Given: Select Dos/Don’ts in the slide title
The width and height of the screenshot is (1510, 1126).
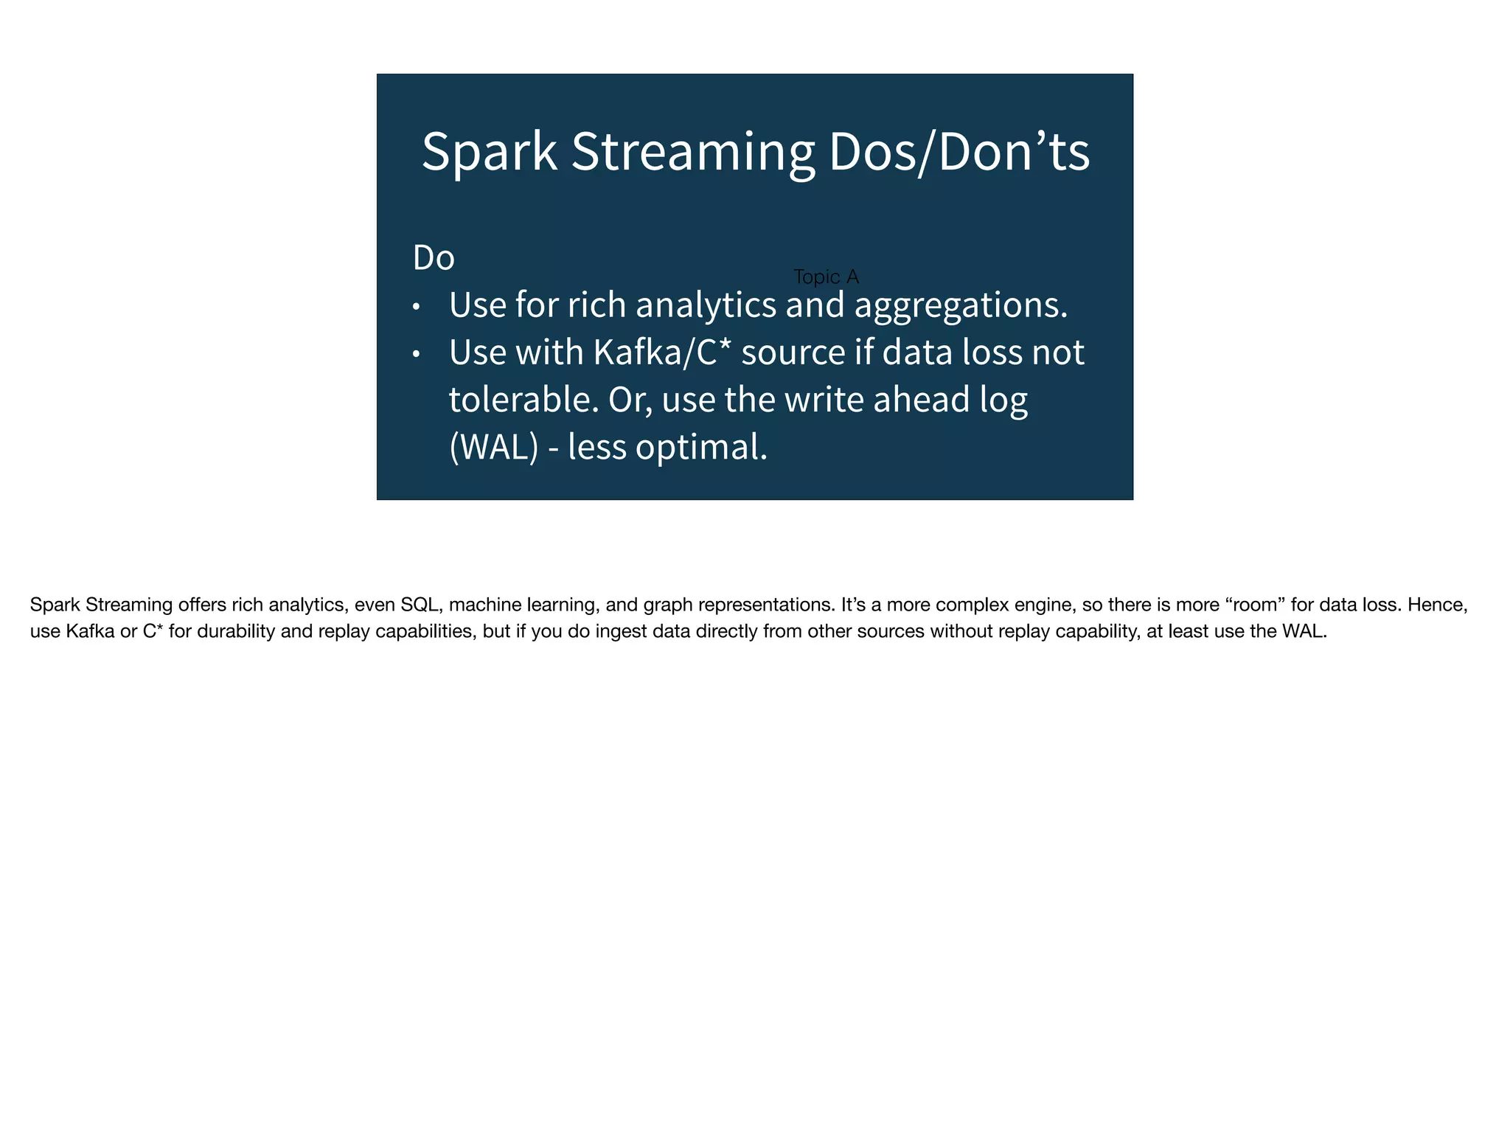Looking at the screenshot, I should (x=958, y=152).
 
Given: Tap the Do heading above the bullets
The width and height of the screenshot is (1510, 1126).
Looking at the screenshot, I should (x=434, y=258).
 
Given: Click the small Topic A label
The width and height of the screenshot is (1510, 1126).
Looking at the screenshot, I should (x=826, y=277).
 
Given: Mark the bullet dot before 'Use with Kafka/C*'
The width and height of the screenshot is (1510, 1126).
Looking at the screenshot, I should (x=416, y=355).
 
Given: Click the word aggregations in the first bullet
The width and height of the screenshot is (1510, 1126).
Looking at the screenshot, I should (x=960, y=306).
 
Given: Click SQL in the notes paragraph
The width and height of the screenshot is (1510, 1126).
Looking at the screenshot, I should (x=417, y=605).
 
